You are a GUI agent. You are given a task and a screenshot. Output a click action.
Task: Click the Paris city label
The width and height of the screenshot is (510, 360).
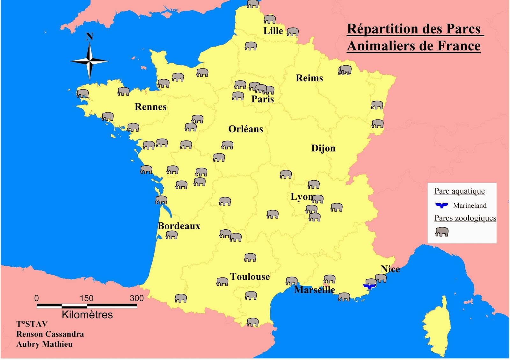coord(262,99)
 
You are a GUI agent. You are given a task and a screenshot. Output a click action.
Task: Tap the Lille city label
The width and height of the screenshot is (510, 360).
coord(273,31)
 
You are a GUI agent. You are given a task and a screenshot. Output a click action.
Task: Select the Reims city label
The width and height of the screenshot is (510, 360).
coord(309,78)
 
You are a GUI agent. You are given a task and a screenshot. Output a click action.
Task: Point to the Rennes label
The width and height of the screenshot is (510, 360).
coord(150,107)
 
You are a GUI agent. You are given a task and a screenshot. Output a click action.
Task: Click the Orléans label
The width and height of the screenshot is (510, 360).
coord(245,129)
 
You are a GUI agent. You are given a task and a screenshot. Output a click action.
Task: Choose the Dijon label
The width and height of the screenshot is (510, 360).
coord(323,148)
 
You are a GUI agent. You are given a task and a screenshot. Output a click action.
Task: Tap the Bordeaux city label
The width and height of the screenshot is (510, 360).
coord(179,226)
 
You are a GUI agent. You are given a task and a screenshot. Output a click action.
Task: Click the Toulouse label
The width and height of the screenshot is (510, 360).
coord(250,277)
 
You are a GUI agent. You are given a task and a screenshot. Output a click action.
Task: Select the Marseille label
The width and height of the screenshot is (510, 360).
coord(314,290)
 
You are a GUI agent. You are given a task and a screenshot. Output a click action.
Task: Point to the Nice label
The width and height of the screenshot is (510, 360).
coord(390,269)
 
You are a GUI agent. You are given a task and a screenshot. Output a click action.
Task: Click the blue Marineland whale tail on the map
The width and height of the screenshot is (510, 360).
coord(369,286)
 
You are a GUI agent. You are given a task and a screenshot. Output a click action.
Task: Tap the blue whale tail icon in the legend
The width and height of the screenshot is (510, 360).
coord(442,205)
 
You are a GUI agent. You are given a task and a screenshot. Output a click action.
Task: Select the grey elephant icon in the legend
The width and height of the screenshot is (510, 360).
coord(442,232)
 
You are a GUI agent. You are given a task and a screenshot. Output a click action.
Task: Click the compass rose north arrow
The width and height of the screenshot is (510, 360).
coord(90,60)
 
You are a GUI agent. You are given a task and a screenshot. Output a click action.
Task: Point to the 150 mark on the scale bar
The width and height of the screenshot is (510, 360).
coord(86,299)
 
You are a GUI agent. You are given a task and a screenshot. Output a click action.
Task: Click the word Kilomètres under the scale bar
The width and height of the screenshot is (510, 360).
coord(87,315)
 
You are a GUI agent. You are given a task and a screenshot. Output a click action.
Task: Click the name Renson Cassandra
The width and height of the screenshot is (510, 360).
coord(50,334)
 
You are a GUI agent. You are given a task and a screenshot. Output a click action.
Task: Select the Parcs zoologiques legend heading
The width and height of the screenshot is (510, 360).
coord(465,218)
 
